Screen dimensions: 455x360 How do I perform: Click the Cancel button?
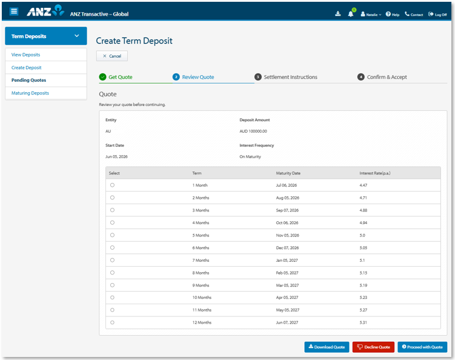point(112,56)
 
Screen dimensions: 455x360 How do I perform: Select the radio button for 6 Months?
point(112,248)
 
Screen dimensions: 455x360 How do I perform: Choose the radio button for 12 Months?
point(112,322)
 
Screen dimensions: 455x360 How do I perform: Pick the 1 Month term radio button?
point(112,185)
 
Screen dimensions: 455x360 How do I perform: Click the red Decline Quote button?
point(373,347)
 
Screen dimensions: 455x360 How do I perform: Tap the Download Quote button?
point(327,347)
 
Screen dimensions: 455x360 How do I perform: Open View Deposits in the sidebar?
point(26,55)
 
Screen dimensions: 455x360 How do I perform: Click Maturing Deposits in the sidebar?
point(30,93)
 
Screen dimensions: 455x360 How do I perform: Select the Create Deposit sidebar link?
point(27,68)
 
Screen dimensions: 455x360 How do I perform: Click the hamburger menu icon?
point(14,12)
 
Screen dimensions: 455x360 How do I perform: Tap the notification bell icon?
point(351,14)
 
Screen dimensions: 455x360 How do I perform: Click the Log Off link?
point(437,14)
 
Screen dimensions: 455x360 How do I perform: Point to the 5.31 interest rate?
point(364,322)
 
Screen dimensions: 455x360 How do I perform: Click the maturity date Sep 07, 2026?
point(287,210)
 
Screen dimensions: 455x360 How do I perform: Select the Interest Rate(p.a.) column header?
point(375,173)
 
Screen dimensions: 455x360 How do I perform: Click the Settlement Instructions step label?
point(290,77)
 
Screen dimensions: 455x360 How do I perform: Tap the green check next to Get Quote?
point(103,77)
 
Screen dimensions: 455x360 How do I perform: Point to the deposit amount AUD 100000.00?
point(253,132)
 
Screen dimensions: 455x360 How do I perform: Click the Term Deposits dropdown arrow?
point(77,36)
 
